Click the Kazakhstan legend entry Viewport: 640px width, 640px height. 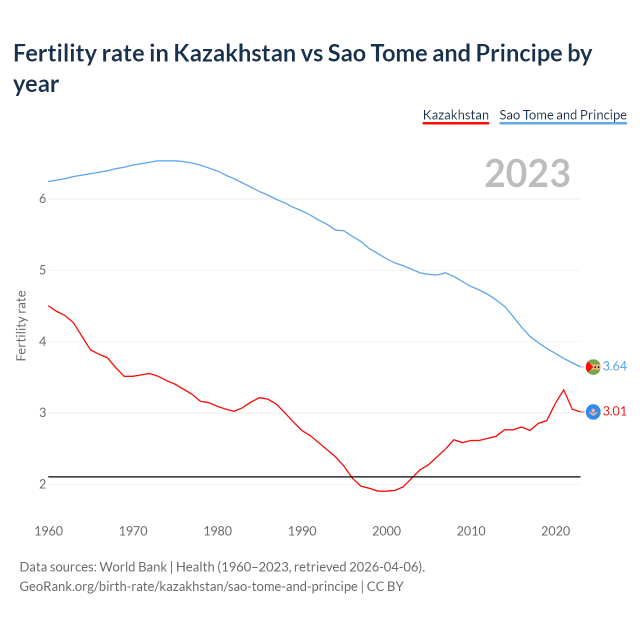(455, 115)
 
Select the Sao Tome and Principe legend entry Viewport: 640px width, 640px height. (563, 115)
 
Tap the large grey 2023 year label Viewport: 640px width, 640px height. (527, 173)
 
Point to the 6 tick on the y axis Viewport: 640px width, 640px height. (42, 199)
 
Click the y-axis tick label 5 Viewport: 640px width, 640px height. (42, 270)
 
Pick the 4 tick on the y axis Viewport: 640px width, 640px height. (42, 342)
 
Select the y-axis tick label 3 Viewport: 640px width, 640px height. (42, 413)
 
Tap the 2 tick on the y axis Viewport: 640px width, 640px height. (42, 484)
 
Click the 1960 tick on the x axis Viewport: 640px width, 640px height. (48, 531)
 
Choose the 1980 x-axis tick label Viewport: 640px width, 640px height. (217, 531)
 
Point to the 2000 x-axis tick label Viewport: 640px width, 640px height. (386, 531)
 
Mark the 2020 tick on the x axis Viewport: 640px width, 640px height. (555, 531)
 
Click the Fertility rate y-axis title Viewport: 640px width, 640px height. (21, 325)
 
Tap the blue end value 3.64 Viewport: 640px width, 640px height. (614, 366)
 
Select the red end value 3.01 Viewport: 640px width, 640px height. (614, 411)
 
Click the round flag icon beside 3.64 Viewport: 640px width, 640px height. (593, 367)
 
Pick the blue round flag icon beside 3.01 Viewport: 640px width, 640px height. (593, 412)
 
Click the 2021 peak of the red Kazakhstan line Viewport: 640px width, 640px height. (564, 389)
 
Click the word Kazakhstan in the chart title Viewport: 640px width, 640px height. (234, 53)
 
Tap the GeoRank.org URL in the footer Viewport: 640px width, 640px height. (188, 586)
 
